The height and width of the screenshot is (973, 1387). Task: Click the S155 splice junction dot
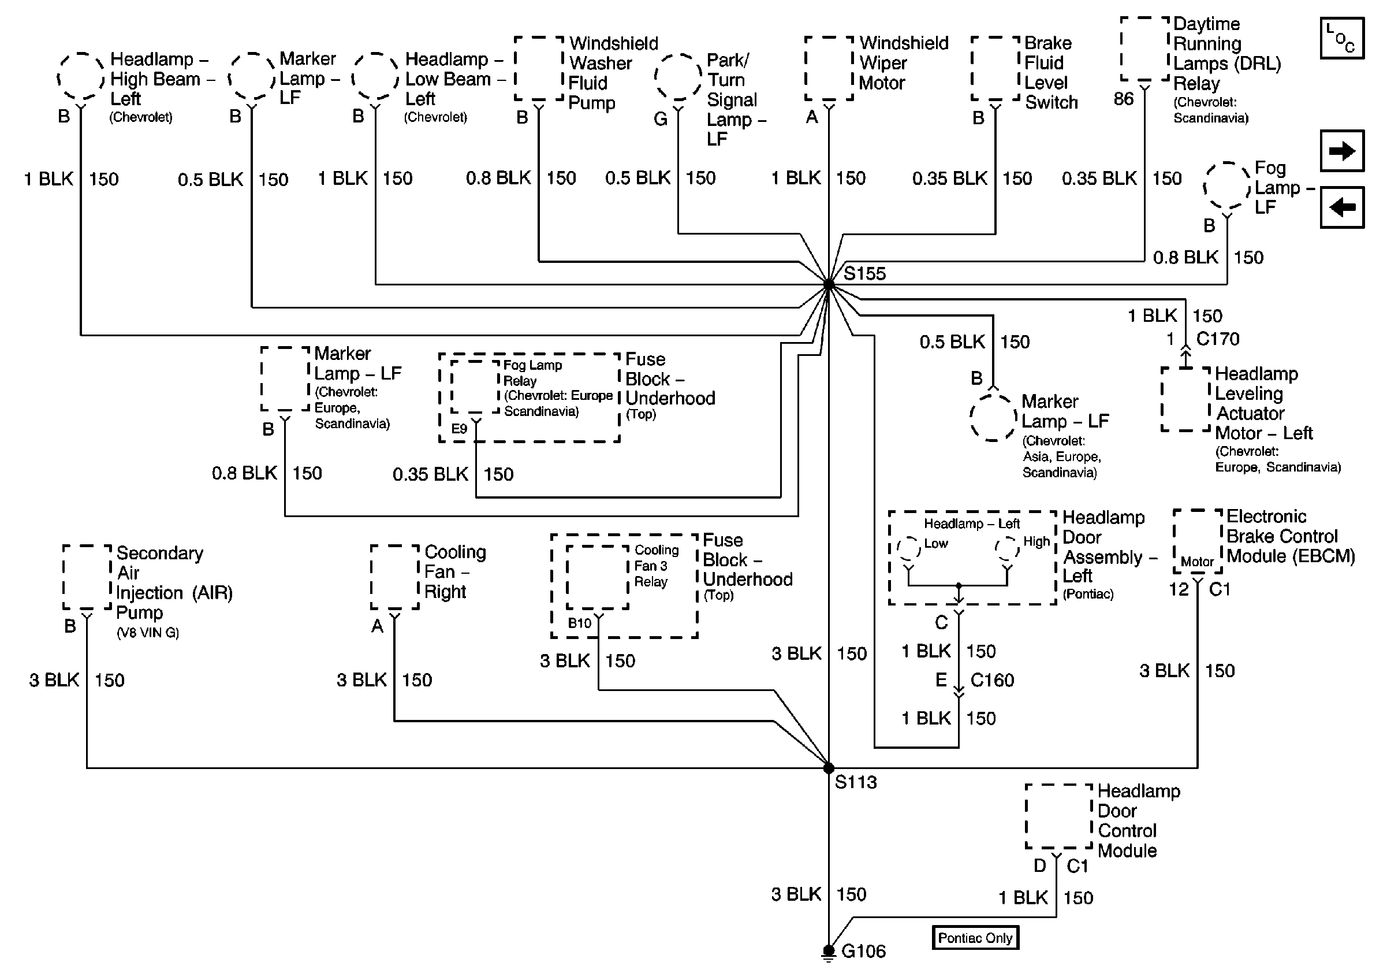point(829,284)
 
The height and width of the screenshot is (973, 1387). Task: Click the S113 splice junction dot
point(829,767)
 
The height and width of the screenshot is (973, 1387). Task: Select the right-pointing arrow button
point(1342,151)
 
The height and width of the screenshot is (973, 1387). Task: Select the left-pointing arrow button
point(1342,207)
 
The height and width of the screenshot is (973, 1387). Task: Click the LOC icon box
point(1342,38)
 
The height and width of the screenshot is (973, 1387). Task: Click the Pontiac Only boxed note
point(975,937)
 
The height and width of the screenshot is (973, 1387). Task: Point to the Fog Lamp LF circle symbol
point(1227,187)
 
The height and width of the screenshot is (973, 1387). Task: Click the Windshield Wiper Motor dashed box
point(829,68)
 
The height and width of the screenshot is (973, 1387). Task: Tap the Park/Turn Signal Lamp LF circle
point(678,77)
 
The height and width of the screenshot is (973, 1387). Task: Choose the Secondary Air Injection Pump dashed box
point(87,577)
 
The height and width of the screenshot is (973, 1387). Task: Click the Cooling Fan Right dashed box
point(394,577)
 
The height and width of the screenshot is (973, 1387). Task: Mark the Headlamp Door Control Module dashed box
point(1059,816)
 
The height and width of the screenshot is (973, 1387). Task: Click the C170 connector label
point(1217,339)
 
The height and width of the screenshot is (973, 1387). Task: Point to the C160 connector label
point(992,680)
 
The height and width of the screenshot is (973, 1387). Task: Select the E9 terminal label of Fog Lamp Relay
point(459,429)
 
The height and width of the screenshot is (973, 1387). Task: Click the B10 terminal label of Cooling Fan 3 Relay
point(579,623)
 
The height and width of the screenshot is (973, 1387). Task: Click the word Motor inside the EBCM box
point(1196,562)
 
